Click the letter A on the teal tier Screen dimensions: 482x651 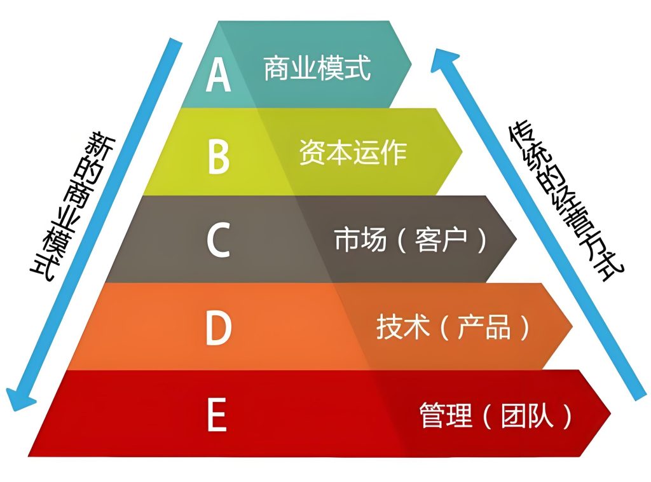point(218,75)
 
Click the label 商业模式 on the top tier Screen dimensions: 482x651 point(317,67)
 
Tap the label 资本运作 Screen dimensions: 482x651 point(353,152)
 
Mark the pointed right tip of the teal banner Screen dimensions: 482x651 point(411,62)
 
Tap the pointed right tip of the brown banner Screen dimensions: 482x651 point(516,239)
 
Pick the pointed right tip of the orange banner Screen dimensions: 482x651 point(572,326)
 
